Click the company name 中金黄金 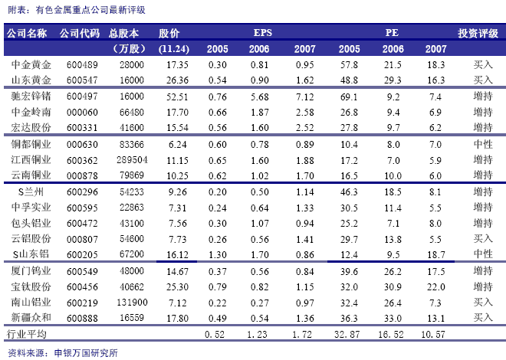pyautogui.click(x=31, y=65)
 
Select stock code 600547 pyautogui.click(x=82, y=80)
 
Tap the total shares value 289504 pyautogui.click(x=132, y=160)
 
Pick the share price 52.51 pyautogui.click(x=177, y=97)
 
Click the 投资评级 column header pyautogui.click(x=478, y=33)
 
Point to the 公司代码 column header pyautogui.click(x=80, y=33)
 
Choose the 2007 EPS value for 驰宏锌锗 pyautogui.click(x=304, y=97)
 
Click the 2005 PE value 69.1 pyautogui.click(x=349, y=97)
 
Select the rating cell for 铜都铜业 pyautogui.click(x=483, y=144)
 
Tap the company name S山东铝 pyautogui.click(x=31, y=254)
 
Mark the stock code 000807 pyautogui.click(x=82, y=239)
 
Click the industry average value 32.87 pyautogui.click(x=347, y=334)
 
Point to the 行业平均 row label pyautogui.click(x=27, y=334)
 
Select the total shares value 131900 pyautogui.click(x=132, y=303)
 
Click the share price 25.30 pyautogui.click(x=177, y=286)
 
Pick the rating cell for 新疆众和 pyautogui.click(x=483, y=317)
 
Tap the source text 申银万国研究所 pyautogui.click(x=86, y=353)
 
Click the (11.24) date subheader pyautogui.click(x=173, y=49)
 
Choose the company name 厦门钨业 pyautogui.click(x=31, y=270)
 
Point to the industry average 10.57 pyautogui.click(x=432, y=334)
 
